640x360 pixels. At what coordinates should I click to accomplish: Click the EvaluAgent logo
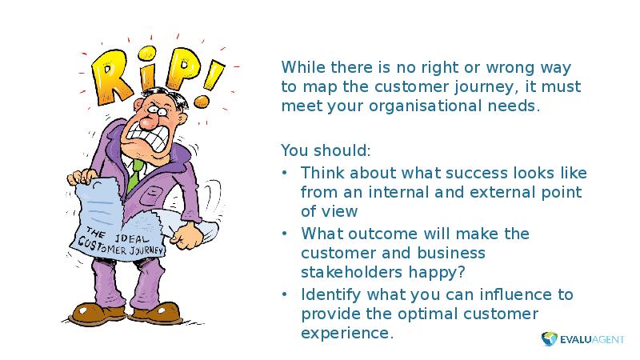click(x=583, y=339)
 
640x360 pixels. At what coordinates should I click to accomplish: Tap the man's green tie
click(x=135, y=174)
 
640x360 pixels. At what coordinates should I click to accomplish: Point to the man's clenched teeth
click(x=149, y=138)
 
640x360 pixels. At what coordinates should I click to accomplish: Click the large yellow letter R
click(x=110, y=77)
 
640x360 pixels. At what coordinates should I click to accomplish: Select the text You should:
click(x=326, y=150)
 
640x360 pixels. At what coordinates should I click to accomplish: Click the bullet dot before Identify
click(x=285, y=294)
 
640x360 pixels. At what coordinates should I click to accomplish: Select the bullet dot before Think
click(x=285, y=173)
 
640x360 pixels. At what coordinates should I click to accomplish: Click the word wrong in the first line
click(x=510, y=68)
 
